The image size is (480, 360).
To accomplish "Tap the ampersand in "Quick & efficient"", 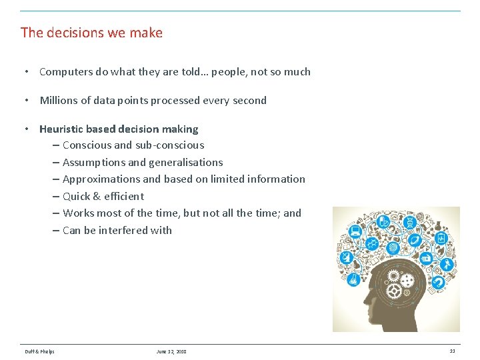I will click(97, 196).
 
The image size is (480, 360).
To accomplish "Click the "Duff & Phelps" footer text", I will click(39, 351).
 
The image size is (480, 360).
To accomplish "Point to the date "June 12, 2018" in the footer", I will click(171, 351).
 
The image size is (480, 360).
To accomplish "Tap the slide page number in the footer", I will click(452, 351).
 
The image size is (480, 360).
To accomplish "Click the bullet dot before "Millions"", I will click(25, 101).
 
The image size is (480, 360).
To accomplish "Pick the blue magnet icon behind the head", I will click(438, 282).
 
